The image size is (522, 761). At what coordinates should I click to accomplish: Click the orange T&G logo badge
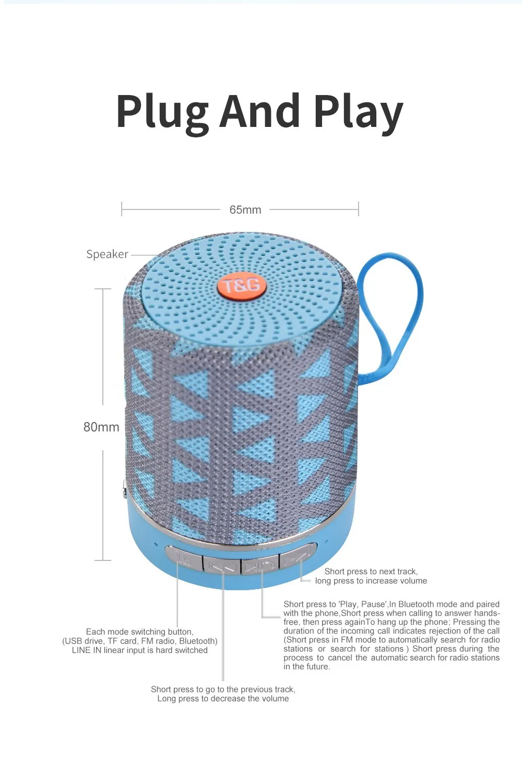click(x=242, y=286)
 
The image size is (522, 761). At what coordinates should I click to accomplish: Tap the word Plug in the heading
click(x=162, y=112)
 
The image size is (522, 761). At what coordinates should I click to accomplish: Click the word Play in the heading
click(x=358, y=112)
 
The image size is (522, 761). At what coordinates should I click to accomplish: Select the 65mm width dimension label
click(x=245, y=210)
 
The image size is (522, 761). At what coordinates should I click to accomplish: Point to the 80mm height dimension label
click(x=101, y=427)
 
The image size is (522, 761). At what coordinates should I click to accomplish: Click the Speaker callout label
click(x=107, y=254)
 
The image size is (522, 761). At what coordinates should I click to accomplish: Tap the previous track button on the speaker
click(x=222, y=564)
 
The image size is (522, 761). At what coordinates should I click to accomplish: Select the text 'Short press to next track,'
click(x=371, y=571)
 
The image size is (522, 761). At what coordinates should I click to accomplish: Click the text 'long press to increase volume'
click(x=371, y=581)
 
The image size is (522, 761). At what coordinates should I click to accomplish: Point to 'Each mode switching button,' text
click(x=139, y=632)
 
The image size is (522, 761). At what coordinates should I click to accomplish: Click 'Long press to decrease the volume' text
click(x=223, y=699)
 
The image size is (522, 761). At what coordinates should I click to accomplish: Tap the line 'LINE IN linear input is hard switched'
click(x=139, y=650)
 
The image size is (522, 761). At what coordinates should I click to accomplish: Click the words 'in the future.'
click(x=307, y=666)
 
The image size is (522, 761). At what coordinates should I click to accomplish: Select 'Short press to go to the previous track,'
click(x=223, y=689)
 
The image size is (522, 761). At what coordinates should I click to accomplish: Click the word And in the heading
click(x=260, y=112)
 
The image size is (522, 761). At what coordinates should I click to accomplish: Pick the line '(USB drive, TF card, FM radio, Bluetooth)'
click(x=139, y=641)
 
